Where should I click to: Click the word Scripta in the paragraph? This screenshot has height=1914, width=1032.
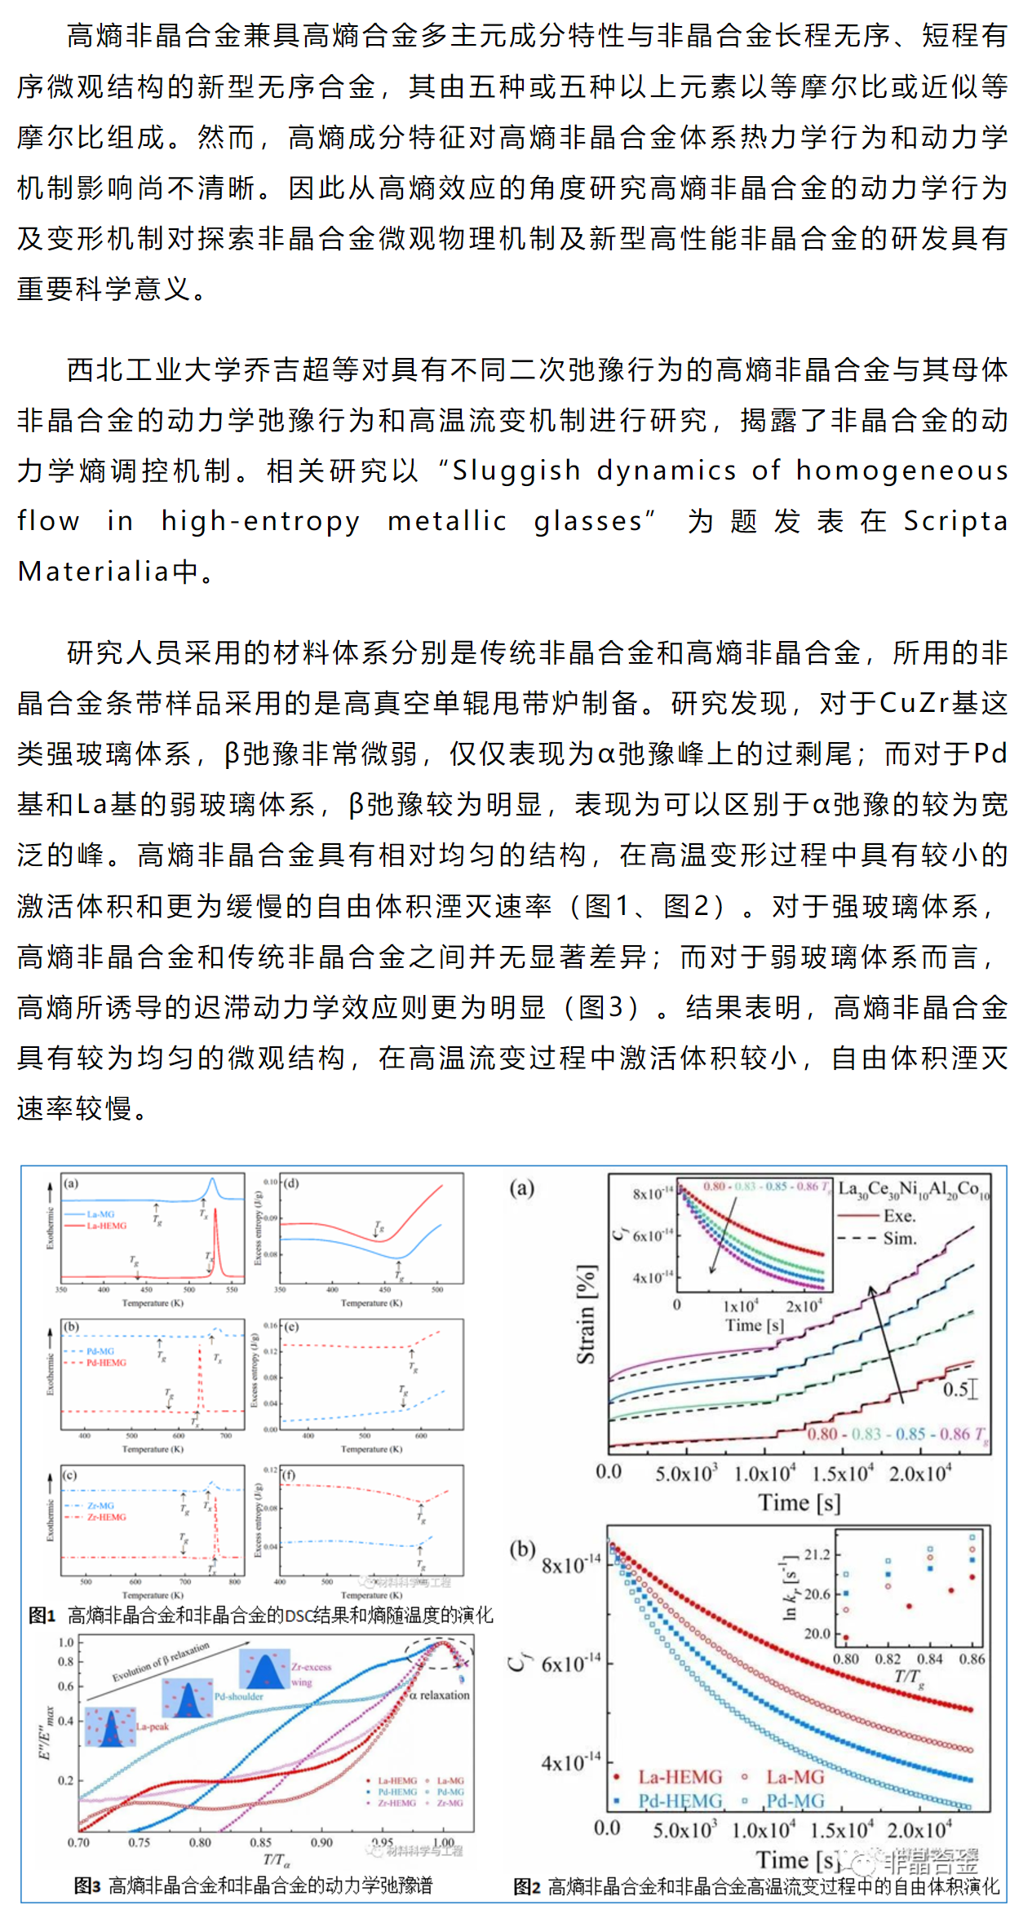coord(955,521)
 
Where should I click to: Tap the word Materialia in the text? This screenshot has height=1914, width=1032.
coord(94,572)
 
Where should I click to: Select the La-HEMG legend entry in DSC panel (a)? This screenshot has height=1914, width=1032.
coord(107,1226)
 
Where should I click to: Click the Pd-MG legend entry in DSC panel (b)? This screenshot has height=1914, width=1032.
coord(100,1351)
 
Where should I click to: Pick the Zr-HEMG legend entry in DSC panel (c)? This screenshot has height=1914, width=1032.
coord(107,1517)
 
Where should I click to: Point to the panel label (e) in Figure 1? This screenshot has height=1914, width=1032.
coord(291,1327)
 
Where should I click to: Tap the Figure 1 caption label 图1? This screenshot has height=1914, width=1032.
coord(42,1616)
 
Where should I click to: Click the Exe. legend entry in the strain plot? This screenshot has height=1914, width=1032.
coord(900,1216)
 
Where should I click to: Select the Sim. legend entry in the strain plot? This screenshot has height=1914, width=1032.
coord(900,1238)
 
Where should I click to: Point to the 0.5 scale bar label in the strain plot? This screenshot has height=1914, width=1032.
coord(954,1389)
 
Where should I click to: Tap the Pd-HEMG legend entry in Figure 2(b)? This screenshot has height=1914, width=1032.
coord(680,1800)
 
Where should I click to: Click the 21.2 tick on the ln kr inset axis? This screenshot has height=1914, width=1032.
coord(817,1554)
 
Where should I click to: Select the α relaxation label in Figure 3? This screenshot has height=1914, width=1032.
coord(440,1695)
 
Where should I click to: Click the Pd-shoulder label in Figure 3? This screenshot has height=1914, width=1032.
coord(238,1696)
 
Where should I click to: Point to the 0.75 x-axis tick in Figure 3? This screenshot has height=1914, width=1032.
coord(139,1842)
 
